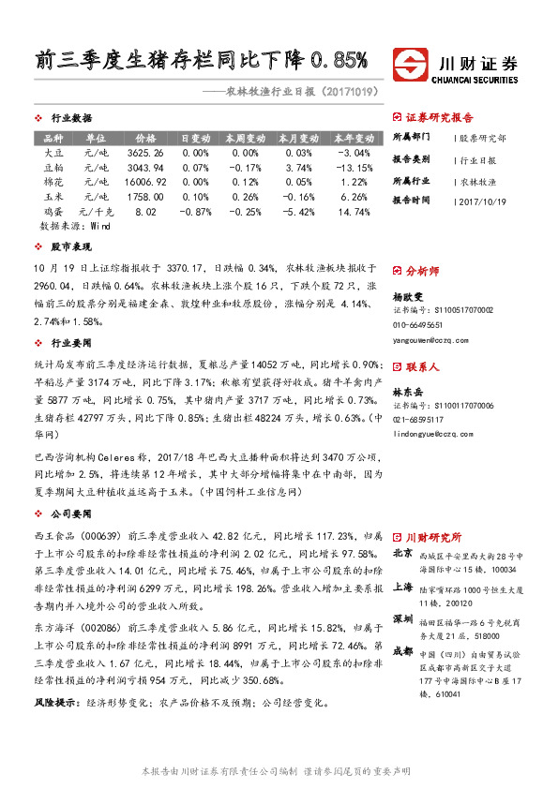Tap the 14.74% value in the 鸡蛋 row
pos(354,213)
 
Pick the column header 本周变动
pos(245,137)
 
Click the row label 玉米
pos(55,198)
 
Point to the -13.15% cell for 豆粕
pos(354,167)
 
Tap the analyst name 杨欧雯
pos(408,294)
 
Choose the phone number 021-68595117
pos(421,419)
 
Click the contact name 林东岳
pos(408,390)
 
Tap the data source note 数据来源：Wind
pos(75,227)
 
